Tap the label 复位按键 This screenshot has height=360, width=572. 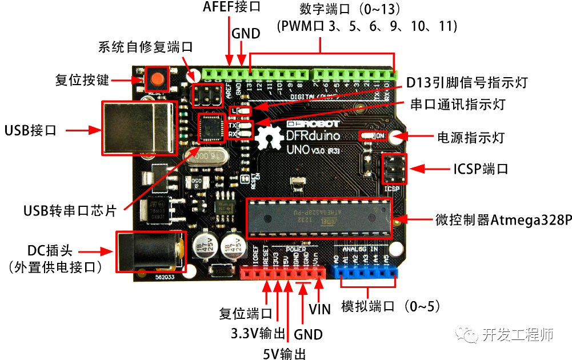click(82, 80)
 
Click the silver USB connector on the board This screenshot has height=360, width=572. click(138, 128)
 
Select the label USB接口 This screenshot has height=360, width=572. click(31, 130)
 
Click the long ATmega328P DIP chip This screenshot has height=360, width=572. click(319, 219)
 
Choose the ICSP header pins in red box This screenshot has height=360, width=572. click(394, 169)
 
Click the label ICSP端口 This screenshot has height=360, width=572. click(480, 169)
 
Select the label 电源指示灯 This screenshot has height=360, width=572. click(472, 137)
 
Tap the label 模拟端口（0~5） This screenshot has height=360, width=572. click(391, 306)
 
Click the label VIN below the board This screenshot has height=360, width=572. click(319, 309)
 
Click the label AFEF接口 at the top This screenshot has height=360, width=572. click(231, 7)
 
